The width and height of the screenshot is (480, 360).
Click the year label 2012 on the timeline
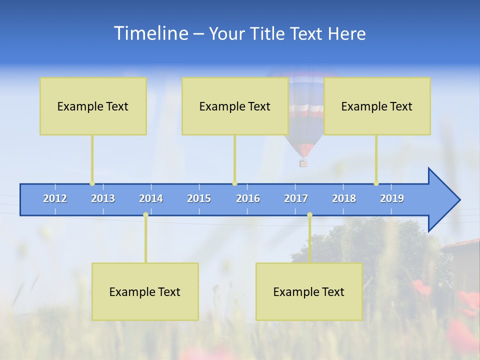tap(55, 198)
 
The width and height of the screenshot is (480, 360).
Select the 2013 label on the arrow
tap(103, 198)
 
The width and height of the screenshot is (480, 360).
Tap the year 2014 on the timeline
tap(151, 198)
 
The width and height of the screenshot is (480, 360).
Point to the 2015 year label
tap(199, 198)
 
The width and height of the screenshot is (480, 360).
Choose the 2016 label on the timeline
tap(248, 198)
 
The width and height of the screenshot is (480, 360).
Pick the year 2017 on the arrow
tap(296, 198)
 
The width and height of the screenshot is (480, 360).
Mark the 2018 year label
tap(344, 198)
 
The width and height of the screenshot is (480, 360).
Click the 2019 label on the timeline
tap(392, 198)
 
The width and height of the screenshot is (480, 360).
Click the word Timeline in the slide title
tap(151, 33)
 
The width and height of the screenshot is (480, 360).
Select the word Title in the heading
tap(268, 33)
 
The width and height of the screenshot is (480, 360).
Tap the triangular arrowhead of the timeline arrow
tap(443, 199)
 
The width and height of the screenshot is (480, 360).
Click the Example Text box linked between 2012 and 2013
tap(93, 106)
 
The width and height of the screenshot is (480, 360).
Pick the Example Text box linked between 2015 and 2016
tap(235, 106)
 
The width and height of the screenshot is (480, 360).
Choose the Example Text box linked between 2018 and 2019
tap(377, 106)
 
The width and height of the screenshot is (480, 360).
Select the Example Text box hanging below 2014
tap(145, 291)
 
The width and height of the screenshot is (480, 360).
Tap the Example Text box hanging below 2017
tap(309, 291)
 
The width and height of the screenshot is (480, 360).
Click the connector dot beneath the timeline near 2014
tap(145, 215)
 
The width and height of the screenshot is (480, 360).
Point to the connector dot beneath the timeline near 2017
tap(309, 215)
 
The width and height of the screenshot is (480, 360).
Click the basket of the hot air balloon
tap(303, 163)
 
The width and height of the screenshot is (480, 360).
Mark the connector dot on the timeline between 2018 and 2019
tap(376, 183)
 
